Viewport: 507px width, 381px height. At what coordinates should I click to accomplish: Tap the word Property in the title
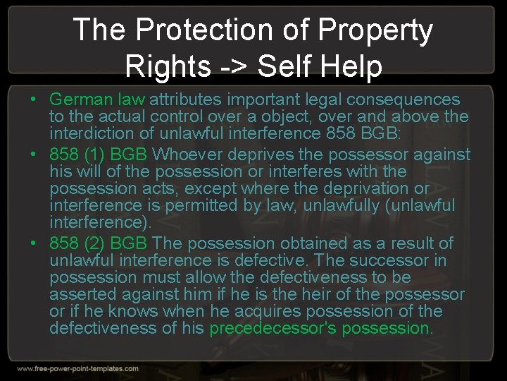(375, 30)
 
